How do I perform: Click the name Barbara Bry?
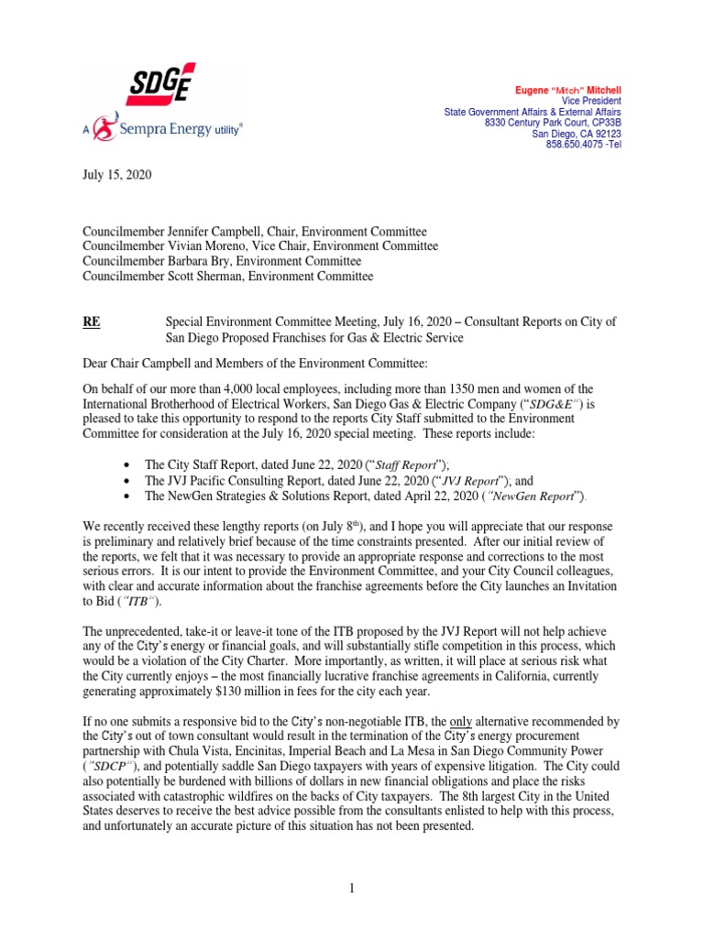pyautogui.click(x=187, y=261)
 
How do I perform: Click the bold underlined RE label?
pyautogui.click(x=92, y=322)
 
